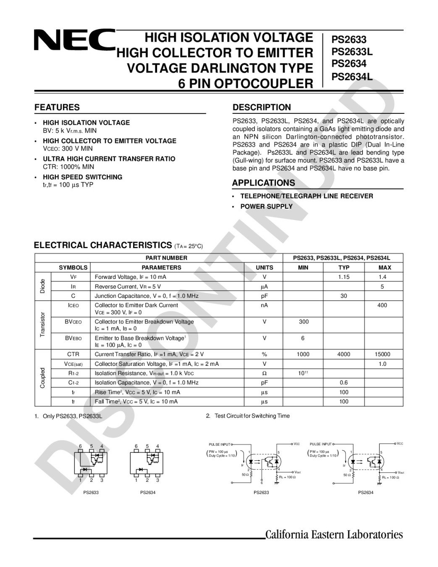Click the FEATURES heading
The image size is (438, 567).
coord(57,108)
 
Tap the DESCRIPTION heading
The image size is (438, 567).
coord(262,108)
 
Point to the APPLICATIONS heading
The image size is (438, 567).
coord(263,183)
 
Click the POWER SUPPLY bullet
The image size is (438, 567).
coord(266,207)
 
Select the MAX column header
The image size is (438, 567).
coord(385,268)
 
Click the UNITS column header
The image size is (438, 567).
coord(264,268)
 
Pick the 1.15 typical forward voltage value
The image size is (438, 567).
coord(344,277)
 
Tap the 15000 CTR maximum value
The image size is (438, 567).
coord(382,354)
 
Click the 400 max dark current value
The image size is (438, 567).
coord(382,305)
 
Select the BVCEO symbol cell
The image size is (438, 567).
coord(73,322)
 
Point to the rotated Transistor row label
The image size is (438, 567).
coord(42,324)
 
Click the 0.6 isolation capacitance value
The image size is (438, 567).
coord(344,383)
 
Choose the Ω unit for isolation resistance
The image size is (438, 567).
coord(264,373)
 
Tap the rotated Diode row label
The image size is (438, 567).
coord(42,286)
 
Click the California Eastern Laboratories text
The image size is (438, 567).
coord(334,535)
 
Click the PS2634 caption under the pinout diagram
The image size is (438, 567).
coord(148,493)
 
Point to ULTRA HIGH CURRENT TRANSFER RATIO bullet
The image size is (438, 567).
coord(109,159)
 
